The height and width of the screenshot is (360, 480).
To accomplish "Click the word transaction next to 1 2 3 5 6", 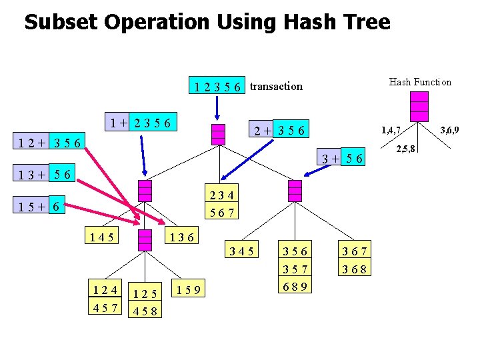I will coord(276,86).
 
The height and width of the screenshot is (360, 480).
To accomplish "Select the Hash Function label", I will coord(420,82).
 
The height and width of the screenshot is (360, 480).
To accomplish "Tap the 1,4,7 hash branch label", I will coord(391,129).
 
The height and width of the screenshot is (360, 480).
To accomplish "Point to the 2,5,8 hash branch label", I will coord(407,148).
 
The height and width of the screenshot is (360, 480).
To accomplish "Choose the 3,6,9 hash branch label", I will coord(448,129).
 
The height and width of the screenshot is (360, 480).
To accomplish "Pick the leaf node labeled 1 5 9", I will coord(190,289).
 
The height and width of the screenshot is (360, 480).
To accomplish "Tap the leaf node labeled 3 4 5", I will coord(241,251).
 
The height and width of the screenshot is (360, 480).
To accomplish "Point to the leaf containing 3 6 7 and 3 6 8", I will coord(355,261).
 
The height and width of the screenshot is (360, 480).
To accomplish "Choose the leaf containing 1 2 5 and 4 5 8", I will coord(145,301).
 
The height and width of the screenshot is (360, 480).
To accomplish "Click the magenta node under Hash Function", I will coord(419,107).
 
